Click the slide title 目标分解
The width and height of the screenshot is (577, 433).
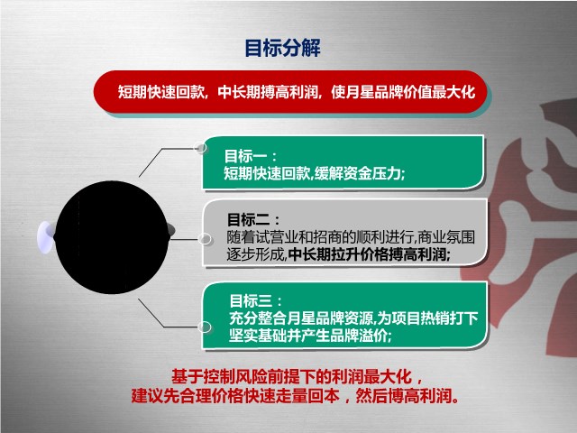tap(282, 48)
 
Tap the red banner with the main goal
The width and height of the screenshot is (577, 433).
tap(291, 92)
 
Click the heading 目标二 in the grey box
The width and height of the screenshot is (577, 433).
tap(253, 220)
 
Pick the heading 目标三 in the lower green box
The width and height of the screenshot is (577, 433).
tap(255, 300)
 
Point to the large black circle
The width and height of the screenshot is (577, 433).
tap(112, 237)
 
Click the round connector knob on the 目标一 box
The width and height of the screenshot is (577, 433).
tap(201, 148)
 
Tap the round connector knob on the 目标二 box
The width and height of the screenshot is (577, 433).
tap(205, 239)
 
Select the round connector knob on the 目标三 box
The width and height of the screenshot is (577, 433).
tap(205, 327)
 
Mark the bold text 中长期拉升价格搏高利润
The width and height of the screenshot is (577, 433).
tap(370, 254)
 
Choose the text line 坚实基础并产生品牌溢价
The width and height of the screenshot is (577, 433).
tap(310, 336)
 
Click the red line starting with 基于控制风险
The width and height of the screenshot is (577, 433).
tap(297, 376)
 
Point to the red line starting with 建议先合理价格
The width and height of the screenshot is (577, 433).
tap(295, 396)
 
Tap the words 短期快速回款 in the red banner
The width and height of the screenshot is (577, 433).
tap(160, 92)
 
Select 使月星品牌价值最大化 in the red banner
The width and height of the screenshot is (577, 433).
tap(403, 92)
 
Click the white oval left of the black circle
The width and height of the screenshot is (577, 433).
tap(46, 237)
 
